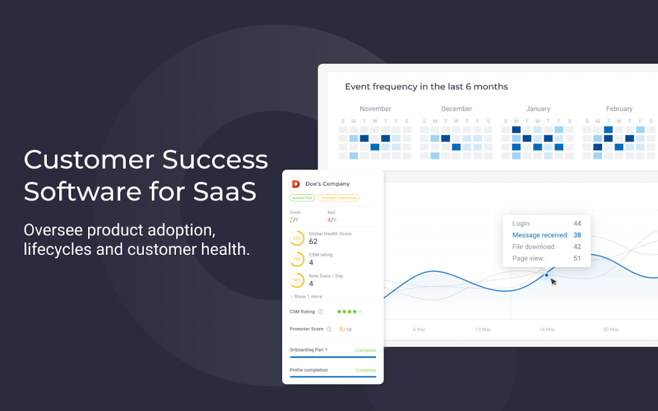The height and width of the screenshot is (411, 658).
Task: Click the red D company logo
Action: pyautogui.click(x=296, y=184)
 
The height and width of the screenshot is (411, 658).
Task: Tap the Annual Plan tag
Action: pyautogui.click(x=303, y=198)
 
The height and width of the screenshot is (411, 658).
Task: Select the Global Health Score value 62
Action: pyautogui.click(x=313, y=241)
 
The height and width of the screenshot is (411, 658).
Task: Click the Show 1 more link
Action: pyautogui.click(x=307, y=297)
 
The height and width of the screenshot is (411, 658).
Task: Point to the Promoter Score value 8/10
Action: pyautogui.click(x=345, y=329)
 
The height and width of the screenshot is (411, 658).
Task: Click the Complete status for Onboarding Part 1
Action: pyautogui.click(x=366, y=350)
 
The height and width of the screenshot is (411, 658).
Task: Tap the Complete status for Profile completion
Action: pyautogui.click(x=366, y=370)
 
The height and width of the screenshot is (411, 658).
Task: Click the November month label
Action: pyautogui.click(x=375, y=109)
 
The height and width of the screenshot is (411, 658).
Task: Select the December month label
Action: pyautogui.click(x=457, y=109)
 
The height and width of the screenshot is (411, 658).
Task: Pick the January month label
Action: pyautogui.click(x=538, y=109)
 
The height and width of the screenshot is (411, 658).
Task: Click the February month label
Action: pyautogui.click(x=619, y=109)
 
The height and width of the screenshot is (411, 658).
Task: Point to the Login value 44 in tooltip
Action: pyautogui.click(x=577, y=223)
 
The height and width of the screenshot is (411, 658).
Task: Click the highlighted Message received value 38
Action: pyautogui.click(x=577, y=235)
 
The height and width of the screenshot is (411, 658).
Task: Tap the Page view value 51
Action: pyautogui.click(x=577, y=258)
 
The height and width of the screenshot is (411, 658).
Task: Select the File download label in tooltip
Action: pyautogui.click(x=534, y=247)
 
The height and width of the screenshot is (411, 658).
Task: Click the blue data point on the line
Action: pyautogui.click(x=546, y=275)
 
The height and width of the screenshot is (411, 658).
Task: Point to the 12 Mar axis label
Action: pyautogui.click(x=483, y=329)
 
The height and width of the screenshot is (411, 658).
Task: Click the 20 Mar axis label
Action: pyautogui.click(x=611, y=329)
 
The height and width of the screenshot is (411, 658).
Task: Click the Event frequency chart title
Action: pyautogui.click(x=427, y=87)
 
